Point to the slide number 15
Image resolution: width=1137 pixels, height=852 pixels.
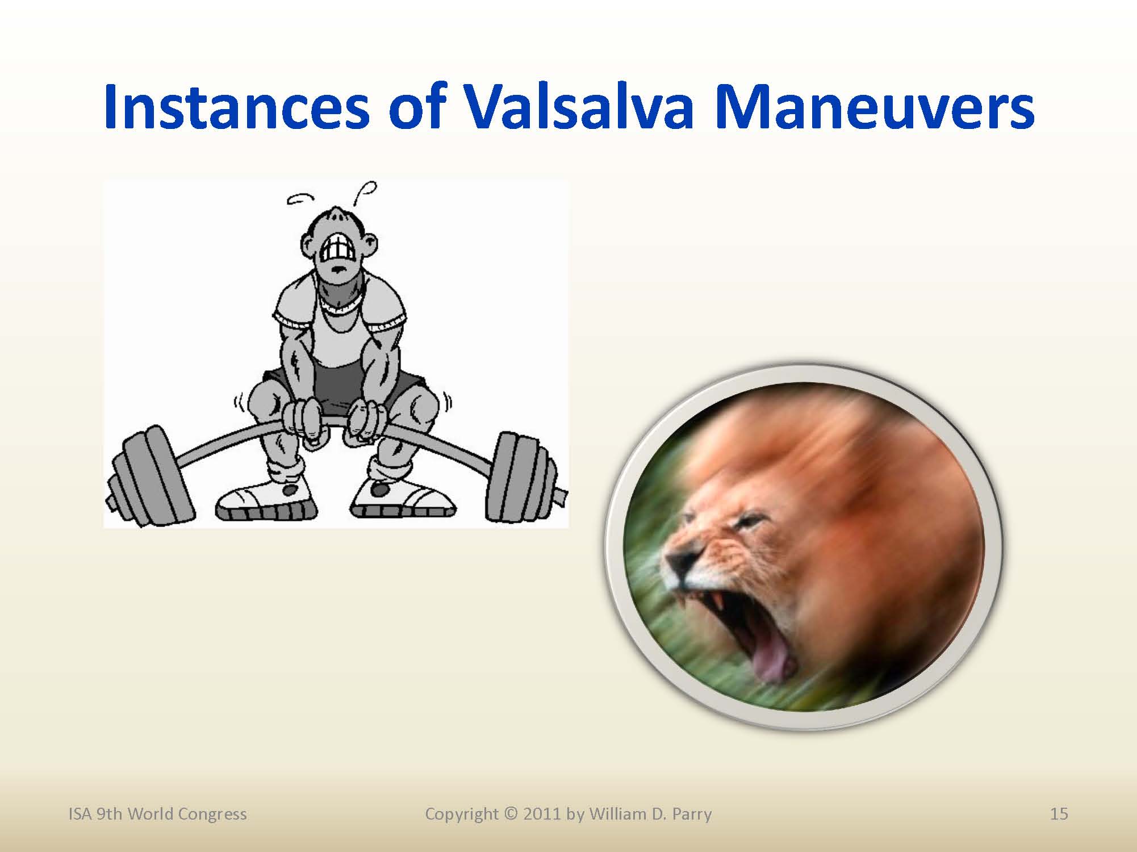click(x=1059, y=814)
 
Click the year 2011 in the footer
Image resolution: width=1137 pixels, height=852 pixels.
click(x=542, y=814)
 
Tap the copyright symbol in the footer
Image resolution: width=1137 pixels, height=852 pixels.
click(x=511, y=814)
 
